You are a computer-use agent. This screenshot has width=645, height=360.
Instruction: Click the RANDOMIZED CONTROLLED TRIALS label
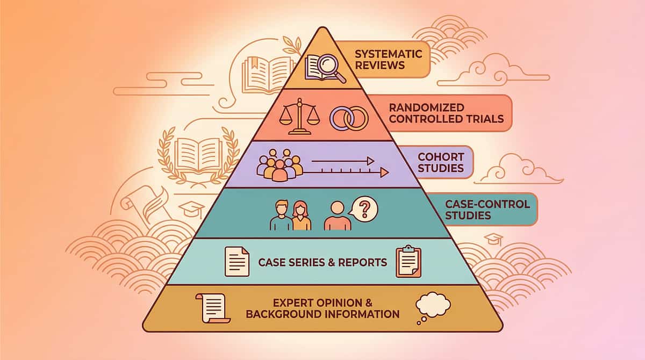446,113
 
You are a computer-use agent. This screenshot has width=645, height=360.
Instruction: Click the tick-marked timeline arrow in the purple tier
347,172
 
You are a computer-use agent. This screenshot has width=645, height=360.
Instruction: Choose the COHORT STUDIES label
441,162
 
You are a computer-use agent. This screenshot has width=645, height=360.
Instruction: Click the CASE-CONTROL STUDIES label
487,210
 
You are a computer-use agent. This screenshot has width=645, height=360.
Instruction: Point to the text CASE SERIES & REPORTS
322,263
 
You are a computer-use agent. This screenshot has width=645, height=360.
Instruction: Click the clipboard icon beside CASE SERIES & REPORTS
408,262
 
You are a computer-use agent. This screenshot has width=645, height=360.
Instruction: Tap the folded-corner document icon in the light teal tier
236,261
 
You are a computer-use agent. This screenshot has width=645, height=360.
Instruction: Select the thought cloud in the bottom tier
433,305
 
